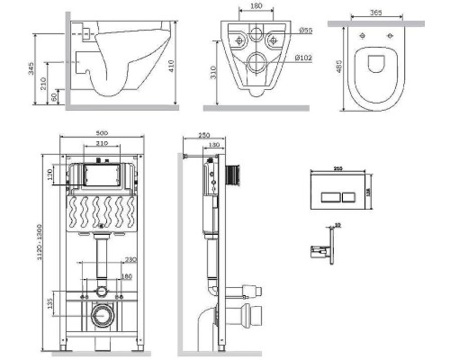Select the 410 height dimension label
(184, 61)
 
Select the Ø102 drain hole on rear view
(256, 61)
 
